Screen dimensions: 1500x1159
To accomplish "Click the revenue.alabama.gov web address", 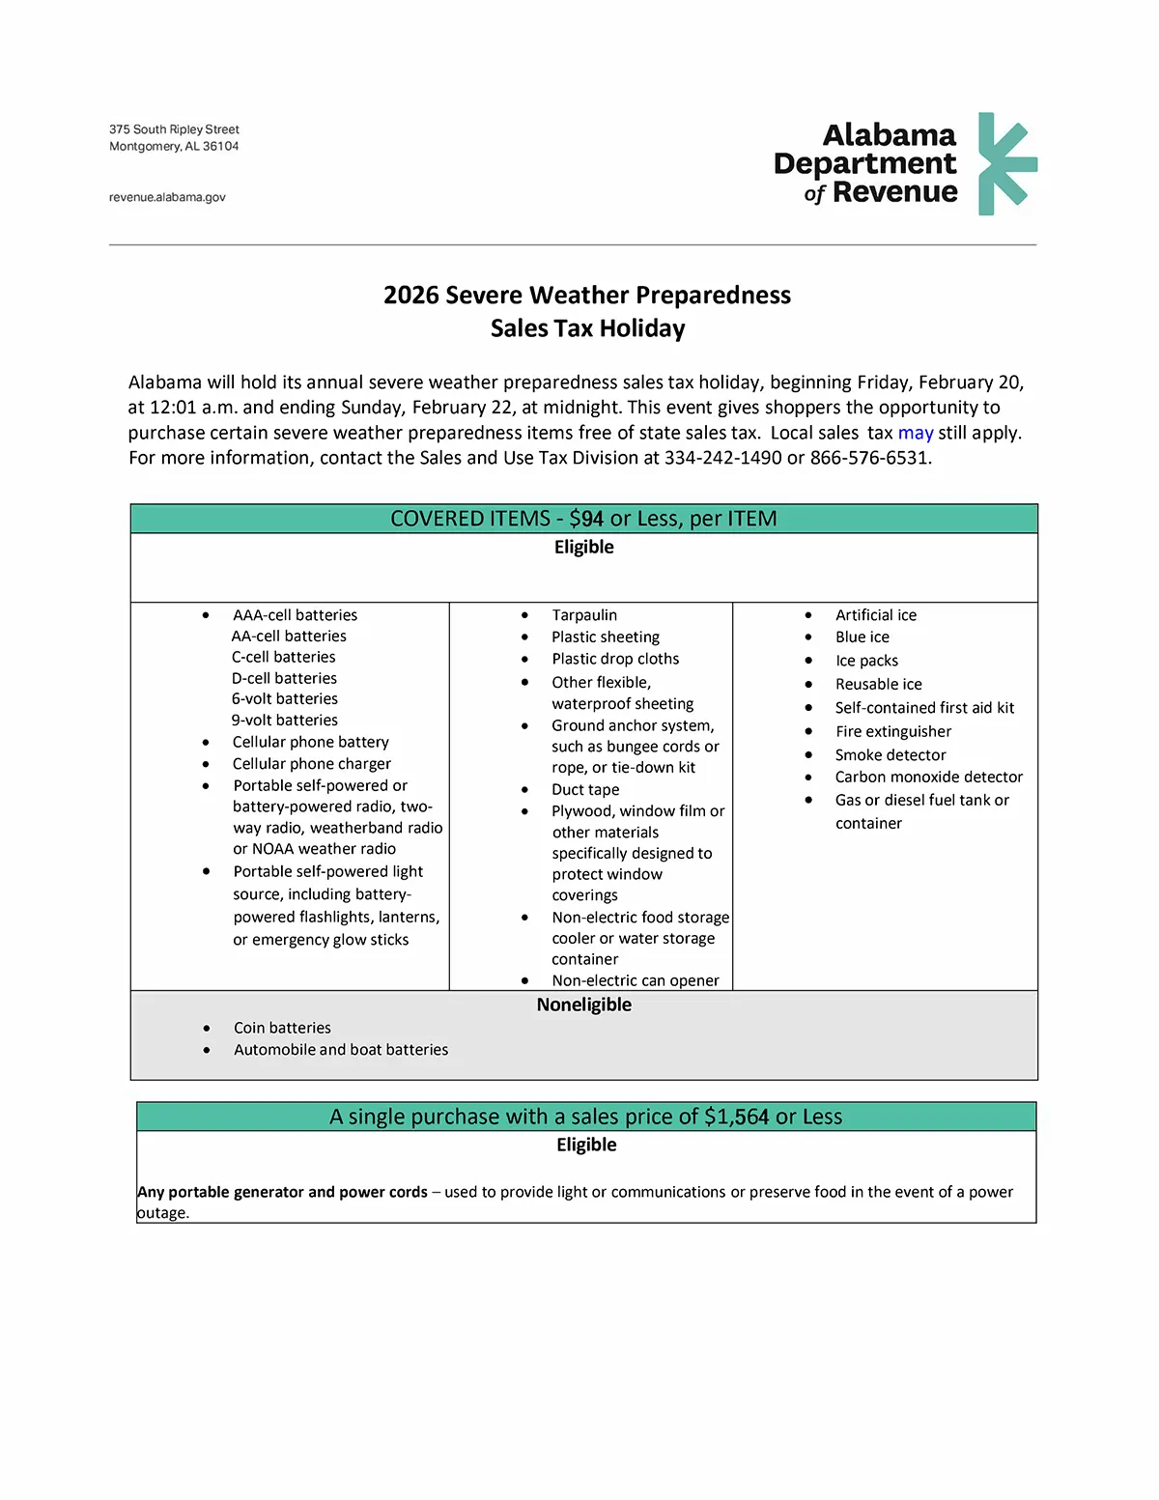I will (167, 197).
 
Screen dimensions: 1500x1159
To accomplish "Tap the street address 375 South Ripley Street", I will (174, 129).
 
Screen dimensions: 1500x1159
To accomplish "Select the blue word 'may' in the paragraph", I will (916, 433).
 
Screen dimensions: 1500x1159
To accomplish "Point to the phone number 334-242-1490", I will (722, 458).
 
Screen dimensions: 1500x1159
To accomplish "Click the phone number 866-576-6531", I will (868, 458).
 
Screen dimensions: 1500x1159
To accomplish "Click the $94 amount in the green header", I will (586, 519).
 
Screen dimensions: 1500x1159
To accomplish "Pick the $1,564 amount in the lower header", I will (736, 1117).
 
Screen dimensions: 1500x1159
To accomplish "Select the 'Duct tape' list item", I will (585, 789).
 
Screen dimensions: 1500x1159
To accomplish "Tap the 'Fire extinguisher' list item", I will (893, 731).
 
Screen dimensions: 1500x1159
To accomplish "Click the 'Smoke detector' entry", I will (890, 754).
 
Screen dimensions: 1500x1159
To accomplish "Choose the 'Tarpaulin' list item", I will (584, 615).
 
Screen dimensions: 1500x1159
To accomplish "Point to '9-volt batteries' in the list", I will (285, 720).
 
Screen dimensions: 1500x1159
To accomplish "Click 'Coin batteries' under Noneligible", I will (282, 1028).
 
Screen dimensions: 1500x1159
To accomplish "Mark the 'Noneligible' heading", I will (583, 1005).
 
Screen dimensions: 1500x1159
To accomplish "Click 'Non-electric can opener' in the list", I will (636, 980).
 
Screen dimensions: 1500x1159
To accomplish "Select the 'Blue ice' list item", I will (862, 637).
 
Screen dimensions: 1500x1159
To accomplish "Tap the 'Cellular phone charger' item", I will (311, 763).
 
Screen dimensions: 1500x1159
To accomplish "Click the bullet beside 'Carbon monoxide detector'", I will (808, 777).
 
